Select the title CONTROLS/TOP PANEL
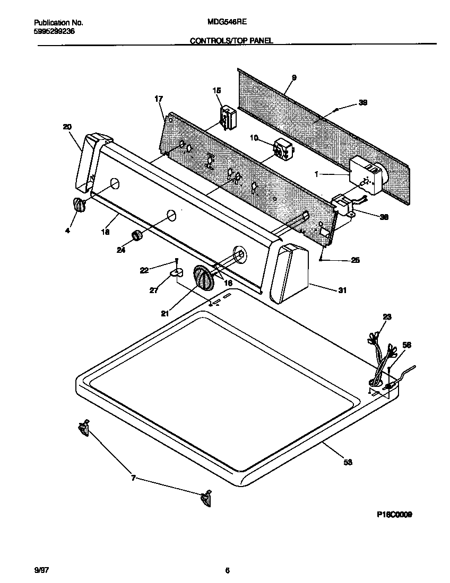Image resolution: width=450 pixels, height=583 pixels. click(x=231, y=40)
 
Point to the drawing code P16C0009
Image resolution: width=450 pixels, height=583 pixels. click(x=394, y=514)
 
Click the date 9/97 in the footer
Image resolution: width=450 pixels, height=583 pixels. click(x=40, y=570)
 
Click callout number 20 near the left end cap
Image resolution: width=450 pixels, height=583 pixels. click(x=67, y=127)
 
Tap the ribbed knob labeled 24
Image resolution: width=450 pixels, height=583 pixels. click(x=137, y=236)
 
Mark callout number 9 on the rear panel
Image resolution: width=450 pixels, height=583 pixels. click(x=294, y=78)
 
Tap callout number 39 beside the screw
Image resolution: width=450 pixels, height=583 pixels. click(x=363, y=103)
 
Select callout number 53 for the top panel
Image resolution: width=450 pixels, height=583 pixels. click(x=348, y=462)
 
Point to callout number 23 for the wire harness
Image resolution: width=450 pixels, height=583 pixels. click(x=387, y=317)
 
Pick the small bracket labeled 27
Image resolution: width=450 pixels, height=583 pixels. click(x=176, y=272)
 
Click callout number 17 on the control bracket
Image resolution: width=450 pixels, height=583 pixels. click(x=159, y=99)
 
